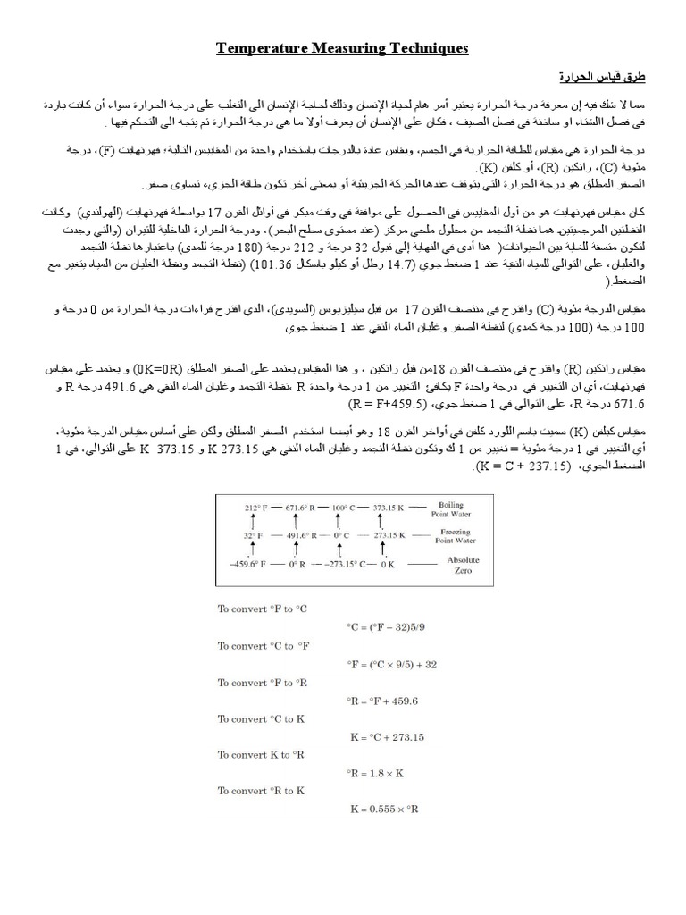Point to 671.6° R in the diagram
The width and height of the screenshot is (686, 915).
point(305,507)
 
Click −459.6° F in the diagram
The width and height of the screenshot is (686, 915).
point(250,564)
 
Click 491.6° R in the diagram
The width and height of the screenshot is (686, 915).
point(305,535)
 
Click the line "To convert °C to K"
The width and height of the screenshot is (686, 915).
point(262,719)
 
